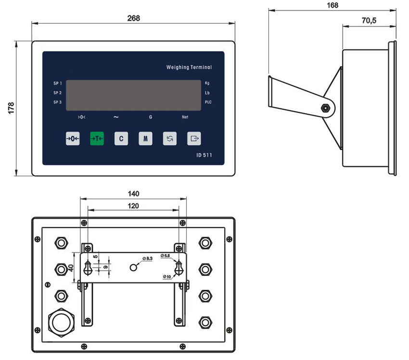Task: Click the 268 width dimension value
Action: point(133,18)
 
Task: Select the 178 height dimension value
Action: point(11,108)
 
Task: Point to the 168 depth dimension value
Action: point(332,5)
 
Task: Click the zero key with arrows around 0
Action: point(73,139)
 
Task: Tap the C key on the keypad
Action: point(121,139)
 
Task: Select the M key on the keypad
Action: point(145,139)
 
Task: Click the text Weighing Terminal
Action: point(189,67)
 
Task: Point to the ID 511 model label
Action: point(204,155)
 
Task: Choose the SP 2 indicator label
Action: point(57,92)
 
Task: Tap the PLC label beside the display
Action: point(208,102)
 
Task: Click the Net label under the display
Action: point(185,117)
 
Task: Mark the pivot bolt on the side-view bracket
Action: point(326,108)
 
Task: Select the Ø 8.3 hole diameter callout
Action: point(147,259)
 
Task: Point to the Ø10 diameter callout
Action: point(167,276)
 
